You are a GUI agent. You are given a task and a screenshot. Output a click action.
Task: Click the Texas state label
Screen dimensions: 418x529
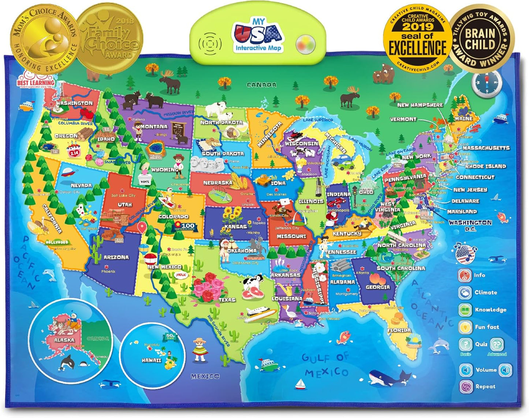click(x=227, y=300)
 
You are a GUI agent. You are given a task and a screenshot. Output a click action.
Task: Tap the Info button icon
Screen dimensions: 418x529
click(x=465, y=275)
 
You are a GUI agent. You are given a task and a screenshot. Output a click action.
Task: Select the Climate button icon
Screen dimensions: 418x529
click(x=465, y=292)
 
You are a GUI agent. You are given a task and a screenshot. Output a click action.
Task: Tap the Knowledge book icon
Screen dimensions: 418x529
click(x=465, y=310)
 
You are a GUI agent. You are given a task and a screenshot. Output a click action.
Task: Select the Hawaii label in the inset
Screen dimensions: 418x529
click(x=152, y=360)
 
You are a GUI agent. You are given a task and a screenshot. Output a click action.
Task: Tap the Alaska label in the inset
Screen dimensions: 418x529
click(x=64, y=340)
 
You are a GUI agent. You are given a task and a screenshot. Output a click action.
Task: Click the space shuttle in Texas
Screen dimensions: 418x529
click(x=261, y=312)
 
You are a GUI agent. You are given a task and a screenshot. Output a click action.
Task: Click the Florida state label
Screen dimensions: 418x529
click(x=399, y=330)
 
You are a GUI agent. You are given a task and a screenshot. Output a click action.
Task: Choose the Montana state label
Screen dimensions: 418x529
click(x=154, y=127)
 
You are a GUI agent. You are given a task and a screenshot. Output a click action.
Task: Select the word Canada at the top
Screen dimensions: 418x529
click(x=261, y=85)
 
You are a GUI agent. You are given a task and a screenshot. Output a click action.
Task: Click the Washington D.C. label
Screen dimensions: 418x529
click(x=470, y=225)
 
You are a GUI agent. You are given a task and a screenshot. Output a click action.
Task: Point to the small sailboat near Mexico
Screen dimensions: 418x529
click(x=301, y=384)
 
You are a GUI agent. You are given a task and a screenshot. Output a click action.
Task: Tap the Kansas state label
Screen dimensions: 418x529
click(x=236, y=227)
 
